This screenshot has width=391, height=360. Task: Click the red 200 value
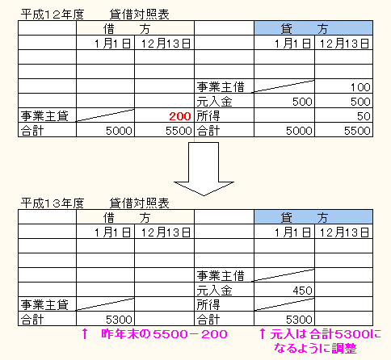pyautogui.click(x=180, y=116)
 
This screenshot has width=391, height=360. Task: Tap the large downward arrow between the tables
pyautogui.click(x=204, y=169)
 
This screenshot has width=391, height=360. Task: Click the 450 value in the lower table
pyautogui.click(x=302, y=291)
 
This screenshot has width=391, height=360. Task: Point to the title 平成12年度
pyautogui.click(x=53, y=15)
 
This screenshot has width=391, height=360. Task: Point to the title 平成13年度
pyautogui.click(x=53, y=203)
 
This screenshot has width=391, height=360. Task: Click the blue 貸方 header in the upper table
pyautogui.click(x=313, y=28)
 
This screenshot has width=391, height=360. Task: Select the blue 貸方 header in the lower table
pyautogui.click(x=313, y=217)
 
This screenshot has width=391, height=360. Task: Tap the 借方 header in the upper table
pyautogui.click(x=135, y=28)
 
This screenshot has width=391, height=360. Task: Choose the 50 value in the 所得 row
pyautogui.click(x=364, y=116)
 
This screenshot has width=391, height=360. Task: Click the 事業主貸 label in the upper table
pyautogui.click(x=44, y=116)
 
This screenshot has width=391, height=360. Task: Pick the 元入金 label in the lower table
pyautogui.click(x=214, y=291)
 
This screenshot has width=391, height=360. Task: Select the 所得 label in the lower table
pyautogui.click(x=208, y=305)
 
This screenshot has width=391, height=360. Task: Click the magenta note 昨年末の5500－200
pyautogui.click(x=164, y=334)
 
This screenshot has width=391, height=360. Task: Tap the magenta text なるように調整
pyautogui.click(x=315, y=349)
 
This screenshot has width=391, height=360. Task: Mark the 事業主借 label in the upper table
pyautogui.click(x=221, y=87)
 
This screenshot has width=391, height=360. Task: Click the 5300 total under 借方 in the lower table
pyautogui.click(x=119, y=320)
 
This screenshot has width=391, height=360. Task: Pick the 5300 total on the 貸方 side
pyautogui.click(x=299, y=320)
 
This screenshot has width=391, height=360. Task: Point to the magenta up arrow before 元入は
pyautogui.click(x=263, y=334)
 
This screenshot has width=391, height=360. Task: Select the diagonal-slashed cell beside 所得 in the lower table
pyautogui.click(x=284, y=304)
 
